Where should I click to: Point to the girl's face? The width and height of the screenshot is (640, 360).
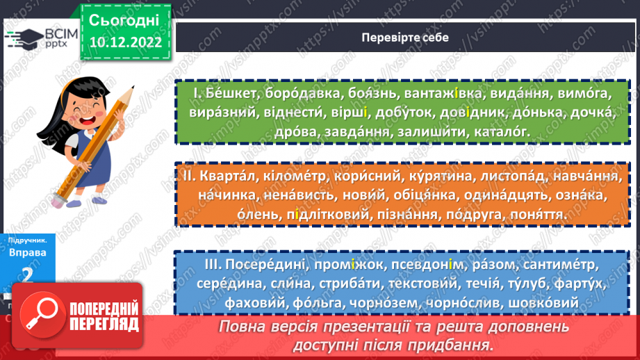[91, 104]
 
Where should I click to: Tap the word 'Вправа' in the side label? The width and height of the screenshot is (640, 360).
[29, 253]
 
